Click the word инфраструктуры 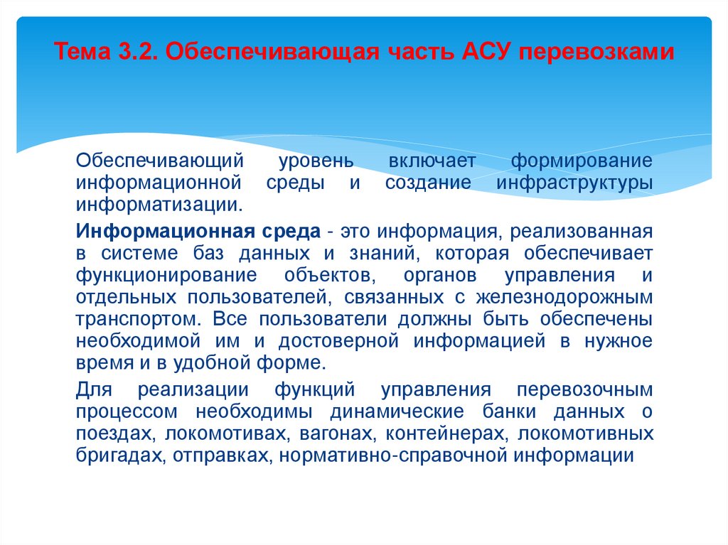click(574, 183)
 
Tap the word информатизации click(159, 205)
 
